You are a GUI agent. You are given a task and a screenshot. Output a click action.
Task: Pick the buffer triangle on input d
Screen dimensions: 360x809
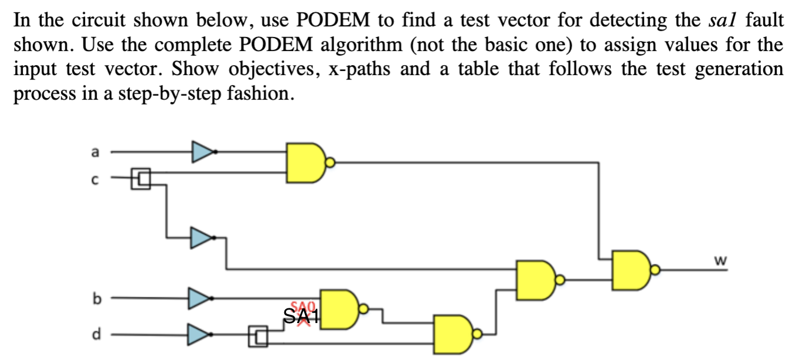point(198,335)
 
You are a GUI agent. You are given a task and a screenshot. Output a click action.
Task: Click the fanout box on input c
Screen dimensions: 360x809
point(141,178)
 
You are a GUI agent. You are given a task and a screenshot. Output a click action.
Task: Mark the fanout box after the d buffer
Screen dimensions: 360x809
point(258,336)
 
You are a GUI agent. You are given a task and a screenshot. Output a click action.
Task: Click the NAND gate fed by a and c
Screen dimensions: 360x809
point(305,162)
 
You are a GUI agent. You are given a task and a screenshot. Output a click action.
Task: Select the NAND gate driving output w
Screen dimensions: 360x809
point(631,270)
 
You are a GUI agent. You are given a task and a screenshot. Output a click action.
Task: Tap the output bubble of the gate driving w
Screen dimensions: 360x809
point(655,270)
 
